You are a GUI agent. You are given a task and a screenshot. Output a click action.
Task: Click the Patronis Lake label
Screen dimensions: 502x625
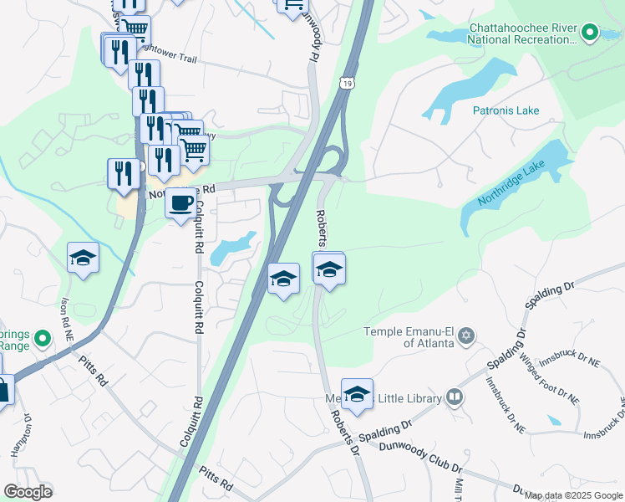(x=506, y=110)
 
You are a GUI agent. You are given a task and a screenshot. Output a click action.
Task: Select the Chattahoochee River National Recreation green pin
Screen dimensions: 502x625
(x=590, y=33)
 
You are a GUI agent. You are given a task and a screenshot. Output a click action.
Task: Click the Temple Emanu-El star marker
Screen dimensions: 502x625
(x=467, y=336)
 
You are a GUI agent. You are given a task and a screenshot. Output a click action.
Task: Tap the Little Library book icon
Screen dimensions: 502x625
(x=454, y=398)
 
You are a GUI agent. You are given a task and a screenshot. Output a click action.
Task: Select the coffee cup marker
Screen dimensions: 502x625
(x=181, y=203)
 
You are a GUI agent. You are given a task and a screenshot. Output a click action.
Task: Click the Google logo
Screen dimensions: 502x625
(x=28, y=492)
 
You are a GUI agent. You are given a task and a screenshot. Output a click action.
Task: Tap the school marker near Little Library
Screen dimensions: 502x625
(x=357, y=394)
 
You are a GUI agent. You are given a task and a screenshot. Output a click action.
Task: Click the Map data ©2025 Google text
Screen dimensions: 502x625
(x=572, y=495)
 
